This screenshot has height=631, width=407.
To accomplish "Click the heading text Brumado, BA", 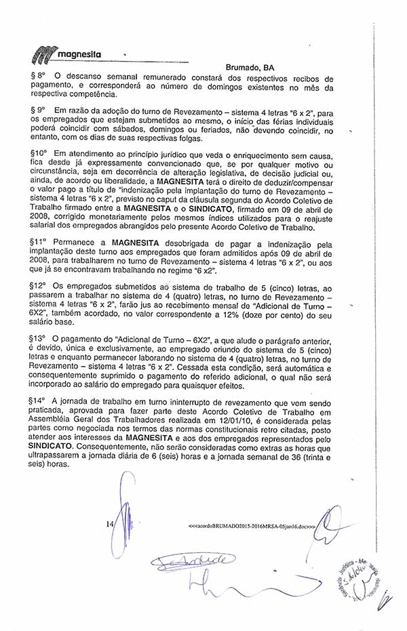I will [x=250, y=68].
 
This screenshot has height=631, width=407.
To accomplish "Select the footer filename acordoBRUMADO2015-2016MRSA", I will [x=250, y=525].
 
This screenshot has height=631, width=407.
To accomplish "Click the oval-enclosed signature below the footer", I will [x=192, y=561].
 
